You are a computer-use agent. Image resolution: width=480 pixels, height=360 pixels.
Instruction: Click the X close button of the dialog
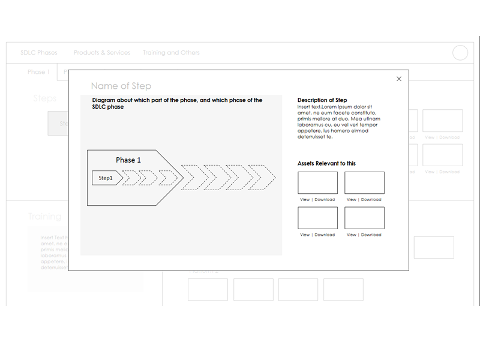click(399, 79)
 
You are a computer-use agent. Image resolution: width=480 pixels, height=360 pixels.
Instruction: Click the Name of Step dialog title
click(121, 86)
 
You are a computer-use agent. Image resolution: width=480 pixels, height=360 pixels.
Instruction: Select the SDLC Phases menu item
click(39, 53)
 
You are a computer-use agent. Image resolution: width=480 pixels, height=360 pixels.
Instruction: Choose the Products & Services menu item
click(102, 53)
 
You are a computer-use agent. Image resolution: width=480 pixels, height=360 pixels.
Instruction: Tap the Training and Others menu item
click(171, 53)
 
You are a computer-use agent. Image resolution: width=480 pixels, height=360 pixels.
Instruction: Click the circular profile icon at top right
click(460, 53)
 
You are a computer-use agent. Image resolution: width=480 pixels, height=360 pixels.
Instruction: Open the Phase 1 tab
click(38, 72)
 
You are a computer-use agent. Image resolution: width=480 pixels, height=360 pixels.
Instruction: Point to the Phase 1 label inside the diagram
click(128, 160)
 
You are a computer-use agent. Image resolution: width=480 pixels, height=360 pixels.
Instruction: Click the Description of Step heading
click(322, 100)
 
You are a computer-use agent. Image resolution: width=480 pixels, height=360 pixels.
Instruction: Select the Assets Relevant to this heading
click(326, 163)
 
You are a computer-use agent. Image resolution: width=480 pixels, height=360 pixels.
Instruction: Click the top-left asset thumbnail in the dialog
click(317, 183)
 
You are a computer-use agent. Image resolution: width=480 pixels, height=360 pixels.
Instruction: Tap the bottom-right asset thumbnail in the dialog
click(364, 218)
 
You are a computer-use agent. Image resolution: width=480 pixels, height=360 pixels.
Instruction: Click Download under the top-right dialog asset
click(371, 200)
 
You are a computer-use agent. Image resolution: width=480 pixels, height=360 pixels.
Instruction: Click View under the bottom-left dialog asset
click(305, 235)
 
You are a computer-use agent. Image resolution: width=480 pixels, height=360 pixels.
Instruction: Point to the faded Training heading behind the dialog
click(44, 217)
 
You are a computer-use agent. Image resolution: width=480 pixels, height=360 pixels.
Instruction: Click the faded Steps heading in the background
click(45, 98)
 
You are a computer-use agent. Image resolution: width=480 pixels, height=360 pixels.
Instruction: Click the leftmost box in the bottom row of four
click(208, 290)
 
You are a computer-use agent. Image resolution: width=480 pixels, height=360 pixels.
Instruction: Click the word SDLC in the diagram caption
click(100, 107)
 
